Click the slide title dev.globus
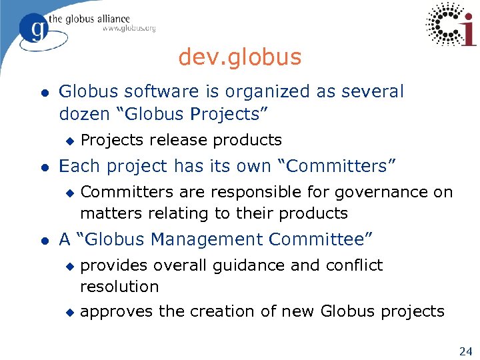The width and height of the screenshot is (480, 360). (239, 58)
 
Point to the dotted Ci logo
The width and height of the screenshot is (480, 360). (451, 25)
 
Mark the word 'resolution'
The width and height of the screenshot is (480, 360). (119, 287)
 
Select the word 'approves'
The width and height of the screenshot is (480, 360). (111, 312)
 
